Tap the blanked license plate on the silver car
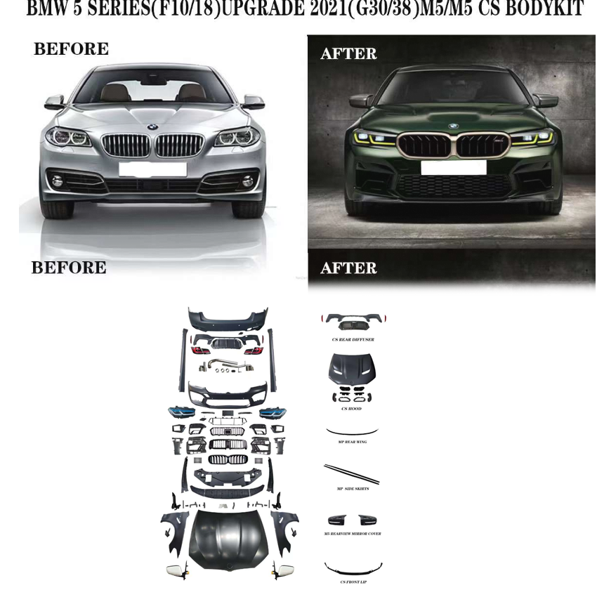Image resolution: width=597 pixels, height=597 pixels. pyautogui.click(x=152, y=169)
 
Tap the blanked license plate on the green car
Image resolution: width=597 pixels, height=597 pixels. pyautogui.click(x=454, y=167)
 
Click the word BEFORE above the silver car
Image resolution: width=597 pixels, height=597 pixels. pyautogui.click(x=71, y=49)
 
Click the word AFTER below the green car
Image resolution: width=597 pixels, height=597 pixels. pyautogui.click(x=348, y=268)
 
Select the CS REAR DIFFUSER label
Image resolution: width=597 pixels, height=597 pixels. pyautogui.click(x=353, y=339)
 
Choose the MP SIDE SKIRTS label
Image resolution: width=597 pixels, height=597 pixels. pyautogui.click(x=353, y=488)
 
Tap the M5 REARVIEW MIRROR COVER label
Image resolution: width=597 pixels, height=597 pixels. pyautogui.click(x=353, y=534)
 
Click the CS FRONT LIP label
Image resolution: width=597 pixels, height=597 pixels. pyautogui.click(x=353, y=582)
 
